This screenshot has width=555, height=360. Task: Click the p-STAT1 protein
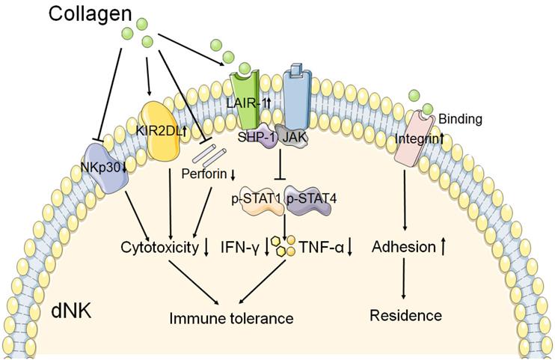click(257, 201)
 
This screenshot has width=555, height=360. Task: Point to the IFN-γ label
click(240, 246)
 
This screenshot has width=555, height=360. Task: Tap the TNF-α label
click(326, 246)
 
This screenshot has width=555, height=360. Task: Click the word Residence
click(405, 315)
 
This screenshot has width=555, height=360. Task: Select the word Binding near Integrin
click(459, 118)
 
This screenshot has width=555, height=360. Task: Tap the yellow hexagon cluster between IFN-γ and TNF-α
click(286, 245)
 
